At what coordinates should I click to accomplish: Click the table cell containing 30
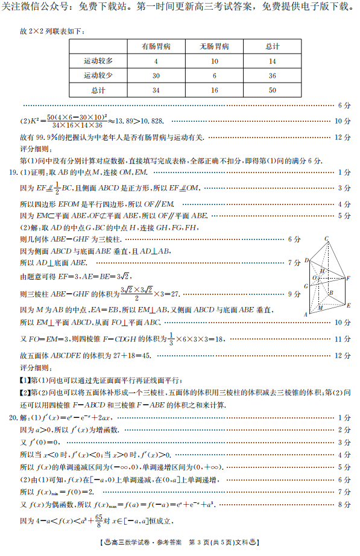156,75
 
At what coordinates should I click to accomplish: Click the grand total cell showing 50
273,90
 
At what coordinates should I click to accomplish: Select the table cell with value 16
214,90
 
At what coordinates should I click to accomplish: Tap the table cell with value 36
273,75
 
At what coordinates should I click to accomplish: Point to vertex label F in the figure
349,277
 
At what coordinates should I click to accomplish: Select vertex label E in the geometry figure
348,305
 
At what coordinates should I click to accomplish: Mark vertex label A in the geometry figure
306,314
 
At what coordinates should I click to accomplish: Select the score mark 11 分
343,339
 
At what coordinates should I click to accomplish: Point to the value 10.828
153,121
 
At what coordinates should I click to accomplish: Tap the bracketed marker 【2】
25,393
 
